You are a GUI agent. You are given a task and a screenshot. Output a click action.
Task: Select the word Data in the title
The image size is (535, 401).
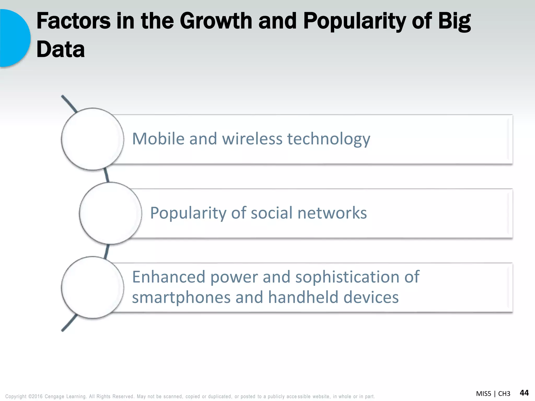coord(61,50)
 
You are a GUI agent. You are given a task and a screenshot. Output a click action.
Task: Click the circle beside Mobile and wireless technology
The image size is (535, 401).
coord(92,139)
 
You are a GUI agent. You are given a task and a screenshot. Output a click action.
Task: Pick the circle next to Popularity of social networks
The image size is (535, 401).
coord(111,213)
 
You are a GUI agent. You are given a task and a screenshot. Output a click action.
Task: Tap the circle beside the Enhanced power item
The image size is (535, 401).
coord(92,287)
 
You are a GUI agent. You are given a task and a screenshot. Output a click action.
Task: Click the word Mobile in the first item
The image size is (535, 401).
coord(158,139)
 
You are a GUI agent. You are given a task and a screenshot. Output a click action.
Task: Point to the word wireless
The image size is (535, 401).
coord(252,139)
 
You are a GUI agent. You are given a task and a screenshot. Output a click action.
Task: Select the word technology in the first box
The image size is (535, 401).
coord(329,139)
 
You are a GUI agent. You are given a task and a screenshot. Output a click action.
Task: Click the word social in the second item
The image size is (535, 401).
coord(271,213)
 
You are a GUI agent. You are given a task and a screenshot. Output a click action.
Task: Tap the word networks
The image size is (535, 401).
coord(332,213)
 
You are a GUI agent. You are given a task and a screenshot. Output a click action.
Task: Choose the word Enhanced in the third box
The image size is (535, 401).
coord(168,277)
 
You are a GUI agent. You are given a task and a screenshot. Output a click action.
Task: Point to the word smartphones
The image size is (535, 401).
coord(181,298)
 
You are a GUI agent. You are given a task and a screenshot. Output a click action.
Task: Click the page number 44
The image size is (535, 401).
coord(524,393)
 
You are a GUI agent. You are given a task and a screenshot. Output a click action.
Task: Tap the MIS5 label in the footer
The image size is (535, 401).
coord(484,394)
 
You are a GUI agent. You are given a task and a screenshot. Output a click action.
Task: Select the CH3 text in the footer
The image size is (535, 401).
coord(504,394)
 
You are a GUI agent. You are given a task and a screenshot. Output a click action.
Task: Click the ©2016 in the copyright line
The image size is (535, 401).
coord(35,396)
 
